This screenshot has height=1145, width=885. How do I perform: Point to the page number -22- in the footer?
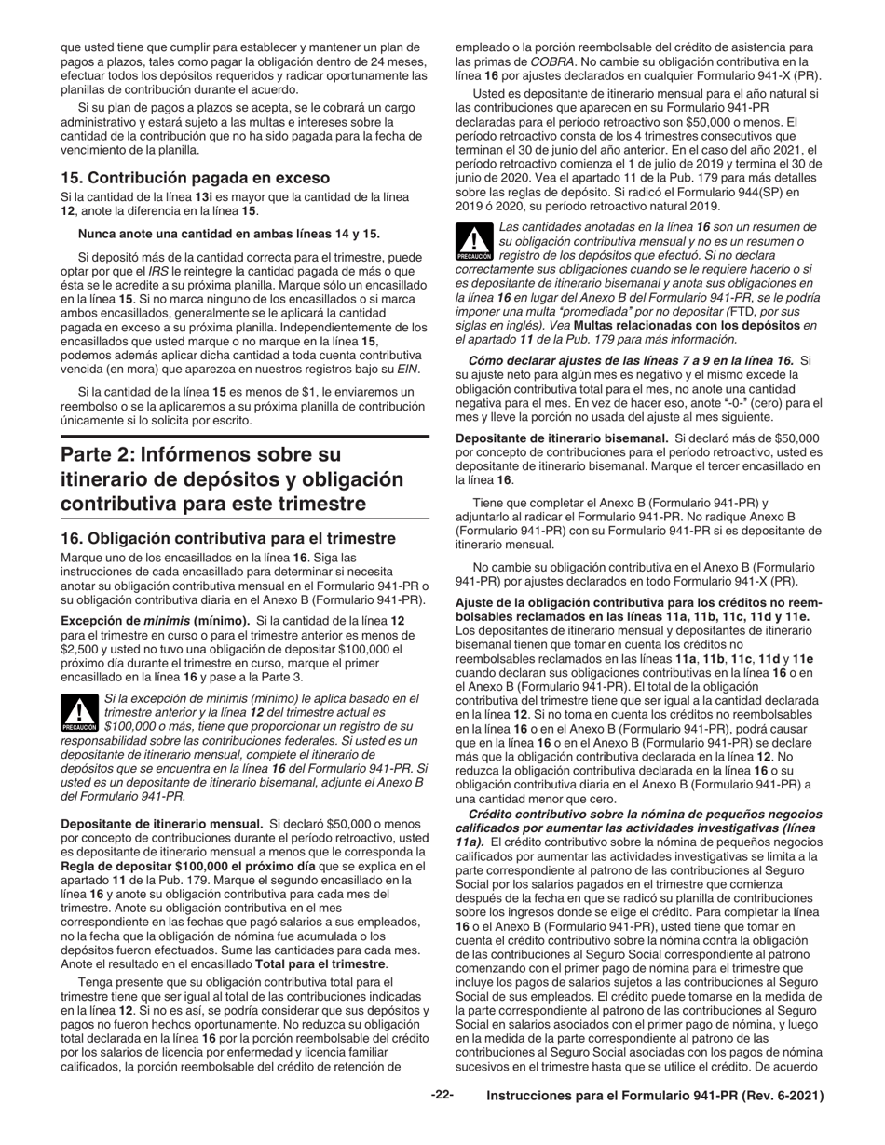pyautogui.click(x=441, y=1096)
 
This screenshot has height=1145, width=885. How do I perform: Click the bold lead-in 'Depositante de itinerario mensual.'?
pyautogui.click(x=161, y=824)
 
